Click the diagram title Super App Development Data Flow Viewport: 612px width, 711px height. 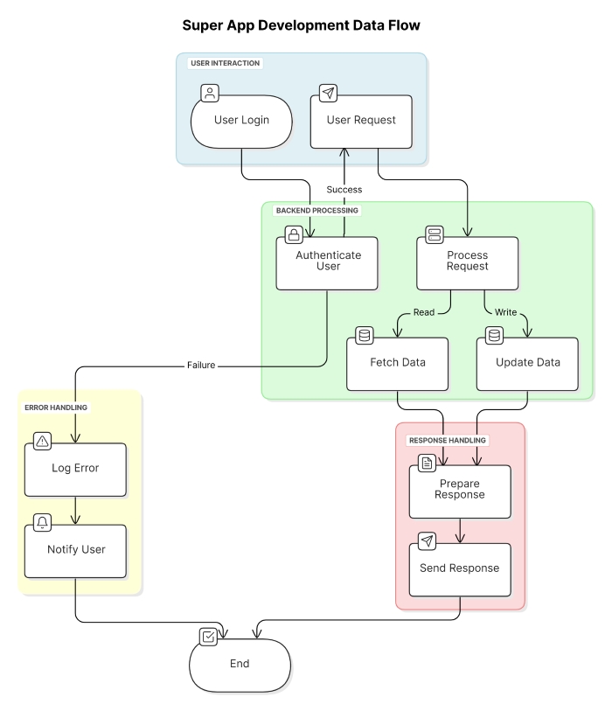pyautogui.click(x=301, y=26)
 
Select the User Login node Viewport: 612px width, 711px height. pyautogui.click(x=241, y=121)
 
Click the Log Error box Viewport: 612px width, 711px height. pyautogui.click(x=75, y=469)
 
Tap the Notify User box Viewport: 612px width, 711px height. pyautogui.click(x=75, y=551)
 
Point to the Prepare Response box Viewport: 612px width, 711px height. pyautogui.click(x=460, y=491)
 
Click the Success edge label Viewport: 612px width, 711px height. pyautogui.click(x=344, y=190)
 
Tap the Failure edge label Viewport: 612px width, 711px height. pyautogui.click(x=200, y=366)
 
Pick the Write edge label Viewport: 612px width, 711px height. pyautogui.click(x=506, y=312)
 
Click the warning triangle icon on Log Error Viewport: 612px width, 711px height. pyautogui.click(x=42, y=442)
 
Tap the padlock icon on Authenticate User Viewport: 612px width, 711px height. pyautogui.click(x=294, y=234)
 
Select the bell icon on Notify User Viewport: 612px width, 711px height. pyautogui.click(x=42, y=523)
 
